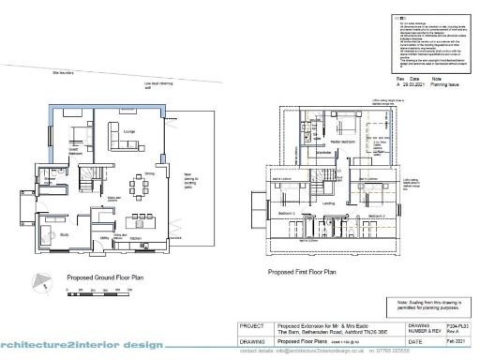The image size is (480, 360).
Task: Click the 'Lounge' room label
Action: (129, 144)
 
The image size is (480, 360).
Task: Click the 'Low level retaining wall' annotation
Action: (157, 85)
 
